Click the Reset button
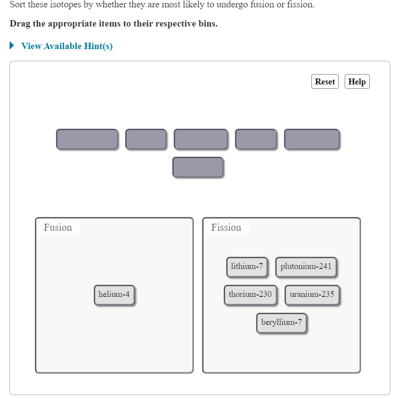(325, 81)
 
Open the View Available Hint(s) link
(67, 46)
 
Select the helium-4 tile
(114, 294)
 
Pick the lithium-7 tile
(247, 266)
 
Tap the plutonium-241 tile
(306, 266)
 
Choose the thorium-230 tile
(250, 294)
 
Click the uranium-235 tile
(312, 294)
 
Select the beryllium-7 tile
(281, 322)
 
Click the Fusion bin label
(58, 227)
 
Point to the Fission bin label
(226, 227)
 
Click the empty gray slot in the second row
(198, 167)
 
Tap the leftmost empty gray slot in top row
(87, 139)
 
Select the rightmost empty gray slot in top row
(311, 139)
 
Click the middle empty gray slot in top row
(201, 139)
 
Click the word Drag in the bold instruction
(20, 24)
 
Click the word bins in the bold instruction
(206, 24)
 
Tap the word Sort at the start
(18, 5)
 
